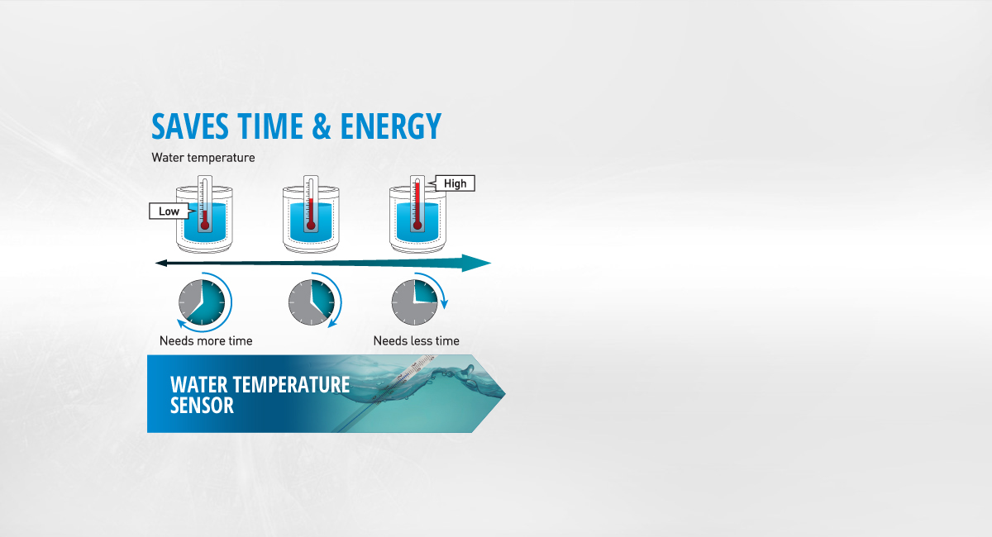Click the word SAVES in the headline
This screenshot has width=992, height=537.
coord(190,126)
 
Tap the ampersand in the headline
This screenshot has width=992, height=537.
coord(321,126)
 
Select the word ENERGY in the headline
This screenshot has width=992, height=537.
coord(390,126)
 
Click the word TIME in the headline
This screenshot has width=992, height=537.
coord(270,126)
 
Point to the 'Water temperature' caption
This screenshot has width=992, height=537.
coord(203,158)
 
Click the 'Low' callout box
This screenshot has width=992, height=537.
coord(169,211)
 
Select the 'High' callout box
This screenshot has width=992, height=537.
coord(454,183)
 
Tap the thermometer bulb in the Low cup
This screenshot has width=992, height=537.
coord(205,226)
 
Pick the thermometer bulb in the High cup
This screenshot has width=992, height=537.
coord(417,226)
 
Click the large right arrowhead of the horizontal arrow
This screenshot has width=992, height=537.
coord(476,263)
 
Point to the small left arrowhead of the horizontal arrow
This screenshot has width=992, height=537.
coord(160,264)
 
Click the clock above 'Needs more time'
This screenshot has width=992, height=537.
coord(202,302)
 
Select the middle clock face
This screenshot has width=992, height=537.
coord(312,302)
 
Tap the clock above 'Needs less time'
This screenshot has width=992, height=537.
coord(414,302)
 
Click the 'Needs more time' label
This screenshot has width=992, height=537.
coord(206,341)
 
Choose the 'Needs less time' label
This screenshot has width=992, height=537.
coord(417,341)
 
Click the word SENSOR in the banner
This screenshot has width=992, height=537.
coord(202,406)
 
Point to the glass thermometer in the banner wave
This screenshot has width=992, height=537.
coord(389,390)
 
